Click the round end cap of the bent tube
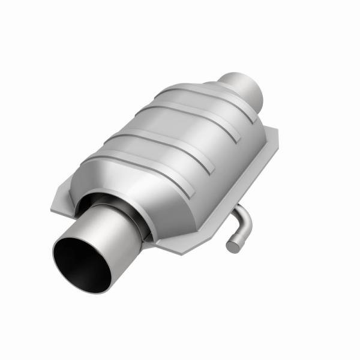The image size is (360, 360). (232, 245)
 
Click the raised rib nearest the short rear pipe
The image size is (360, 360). (198, 95)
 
